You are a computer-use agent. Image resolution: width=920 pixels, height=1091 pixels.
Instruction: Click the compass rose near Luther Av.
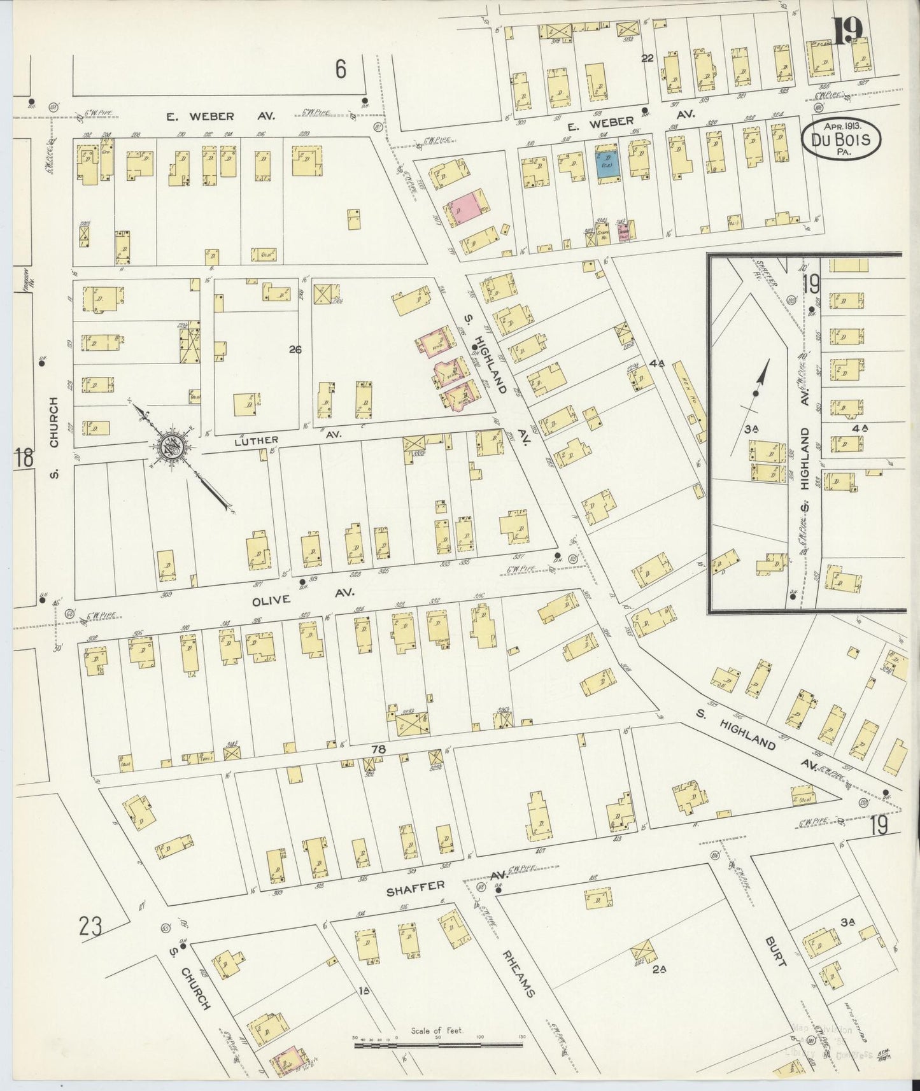[170, 446]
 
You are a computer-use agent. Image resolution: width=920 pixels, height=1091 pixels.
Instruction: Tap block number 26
[294, 349]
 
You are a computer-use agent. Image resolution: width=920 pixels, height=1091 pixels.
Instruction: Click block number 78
[379, 749]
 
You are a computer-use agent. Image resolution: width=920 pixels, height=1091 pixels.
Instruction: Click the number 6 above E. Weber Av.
[341, 69]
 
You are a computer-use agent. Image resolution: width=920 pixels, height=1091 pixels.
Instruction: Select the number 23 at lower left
[90, 926]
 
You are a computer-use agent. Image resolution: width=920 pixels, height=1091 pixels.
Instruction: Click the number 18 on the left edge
[24, 458]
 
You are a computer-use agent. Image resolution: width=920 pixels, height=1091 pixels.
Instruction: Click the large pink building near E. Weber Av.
[466, 206]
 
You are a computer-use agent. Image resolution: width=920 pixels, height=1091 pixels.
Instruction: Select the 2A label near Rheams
[658, 971]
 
